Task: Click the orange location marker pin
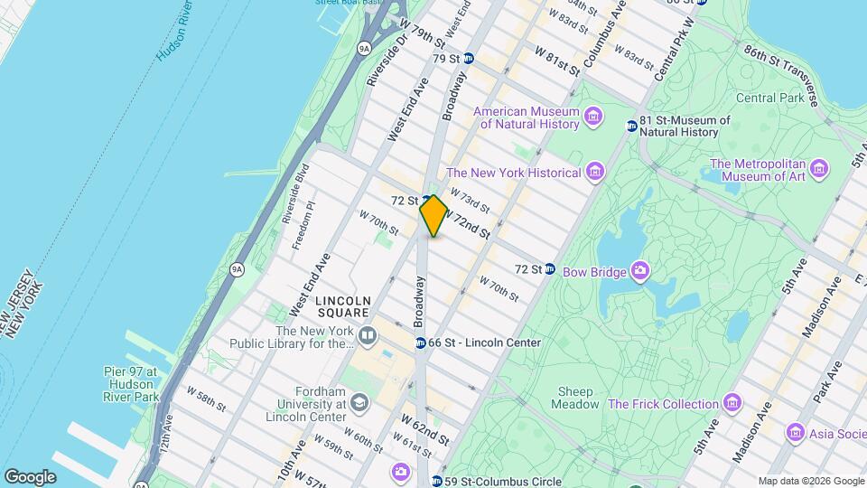(433, 215)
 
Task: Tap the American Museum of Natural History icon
(593, 117)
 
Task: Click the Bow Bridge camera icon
(640, 270)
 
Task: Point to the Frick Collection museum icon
(732, 403)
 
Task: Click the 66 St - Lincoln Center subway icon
(421, 343)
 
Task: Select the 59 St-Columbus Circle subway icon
(437, 482)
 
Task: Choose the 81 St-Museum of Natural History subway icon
(631, 126)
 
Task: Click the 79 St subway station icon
(468, 58)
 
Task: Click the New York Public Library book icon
(367, 337)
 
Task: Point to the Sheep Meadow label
(569, 398)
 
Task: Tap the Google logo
(30, 476)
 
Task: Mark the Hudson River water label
(174, 36)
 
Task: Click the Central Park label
(769, 98)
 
